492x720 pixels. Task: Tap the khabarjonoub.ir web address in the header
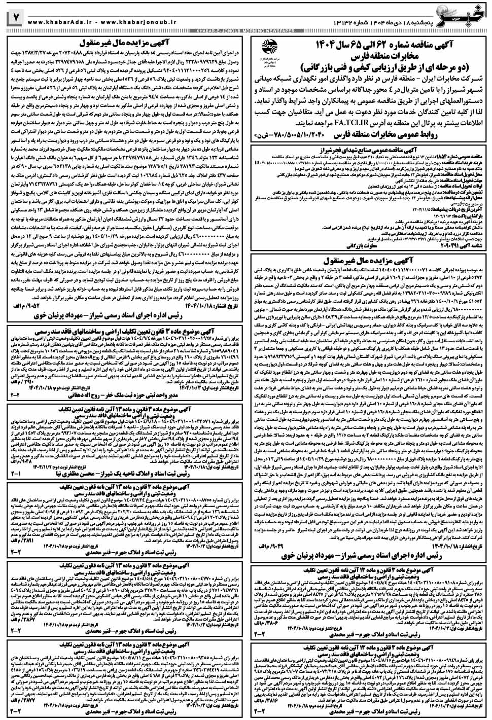(x=134, y=23)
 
